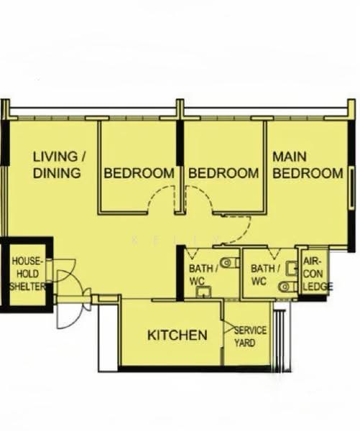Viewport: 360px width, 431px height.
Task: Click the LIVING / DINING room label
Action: (60, 164)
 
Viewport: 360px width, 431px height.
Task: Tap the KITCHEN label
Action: (177, 335)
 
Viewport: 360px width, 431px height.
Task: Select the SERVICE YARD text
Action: (250, 336)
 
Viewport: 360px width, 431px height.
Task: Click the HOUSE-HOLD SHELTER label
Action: (27, 274)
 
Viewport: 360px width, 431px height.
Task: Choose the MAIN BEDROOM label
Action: (308, 165)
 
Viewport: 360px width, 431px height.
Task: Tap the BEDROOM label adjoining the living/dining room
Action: (139, 173)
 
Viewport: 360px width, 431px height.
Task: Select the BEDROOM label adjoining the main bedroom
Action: (223, 173)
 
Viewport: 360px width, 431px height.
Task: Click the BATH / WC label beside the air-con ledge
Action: (265, 274)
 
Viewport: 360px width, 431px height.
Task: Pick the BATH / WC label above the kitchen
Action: (203, 274)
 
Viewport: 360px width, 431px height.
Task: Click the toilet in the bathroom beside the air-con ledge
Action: (287, 287)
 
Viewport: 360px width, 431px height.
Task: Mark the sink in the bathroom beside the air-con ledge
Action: (292, 269)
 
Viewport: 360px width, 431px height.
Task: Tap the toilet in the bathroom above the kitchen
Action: (230, 262)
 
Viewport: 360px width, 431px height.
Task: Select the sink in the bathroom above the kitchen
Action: (203, 292)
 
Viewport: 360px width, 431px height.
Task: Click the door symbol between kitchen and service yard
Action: (227, 327)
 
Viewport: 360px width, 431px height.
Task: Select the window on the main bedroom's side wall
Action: (352, 188)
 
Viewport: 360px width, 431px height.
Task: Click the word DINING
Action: (57, 173)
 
